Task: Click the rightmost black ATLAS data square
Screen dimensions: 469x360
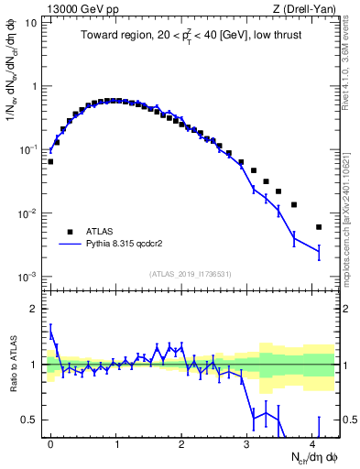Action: pyautogui.click(x=319, y=227)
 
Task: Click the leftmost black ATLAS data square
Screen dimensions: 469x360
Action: pyautogui.click(x=50, y=161)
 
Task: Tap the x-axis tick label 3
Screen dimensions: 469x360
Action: pyautogui.click(x=247, y=442)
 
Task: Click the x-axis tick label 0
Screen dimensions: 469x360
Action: pyautogui.click(x=50, y=442)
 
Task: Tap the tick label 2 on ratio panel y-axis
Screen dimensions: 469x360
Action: pyautogui.click(x=35, y=309)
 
